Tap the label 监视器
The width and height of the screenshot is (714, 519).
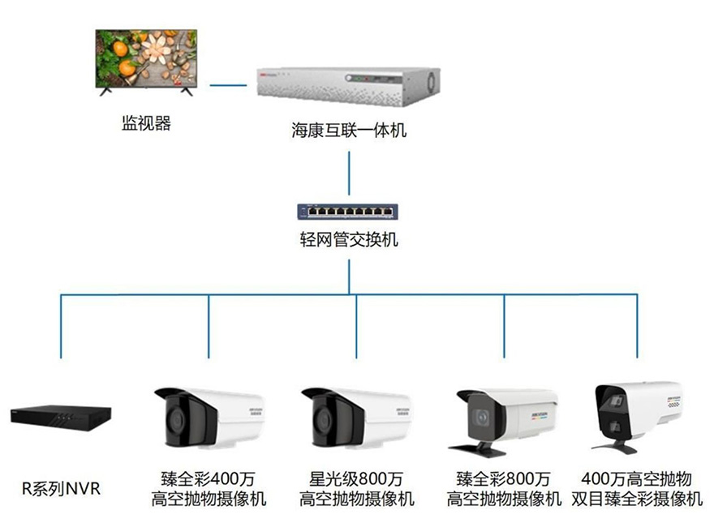[147, 124]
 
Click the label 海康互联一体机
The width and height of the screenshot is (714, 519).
[349, 130]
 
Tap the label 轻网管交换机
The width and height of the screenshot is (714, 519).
[349, 240]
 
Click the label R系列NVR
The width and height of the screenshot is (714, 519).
[62, 489]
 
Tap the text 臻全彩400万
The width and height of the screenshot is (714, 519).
[209, 478]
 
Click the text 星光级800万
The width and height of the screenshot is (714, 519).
[356, 478]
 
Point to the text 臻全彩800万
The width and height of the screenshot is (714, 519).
[504, 478]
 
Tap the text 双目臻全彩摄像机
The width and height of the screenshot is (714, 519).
[637, 498]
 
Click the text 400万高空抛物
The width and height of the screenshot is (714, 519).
[637, 478]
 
